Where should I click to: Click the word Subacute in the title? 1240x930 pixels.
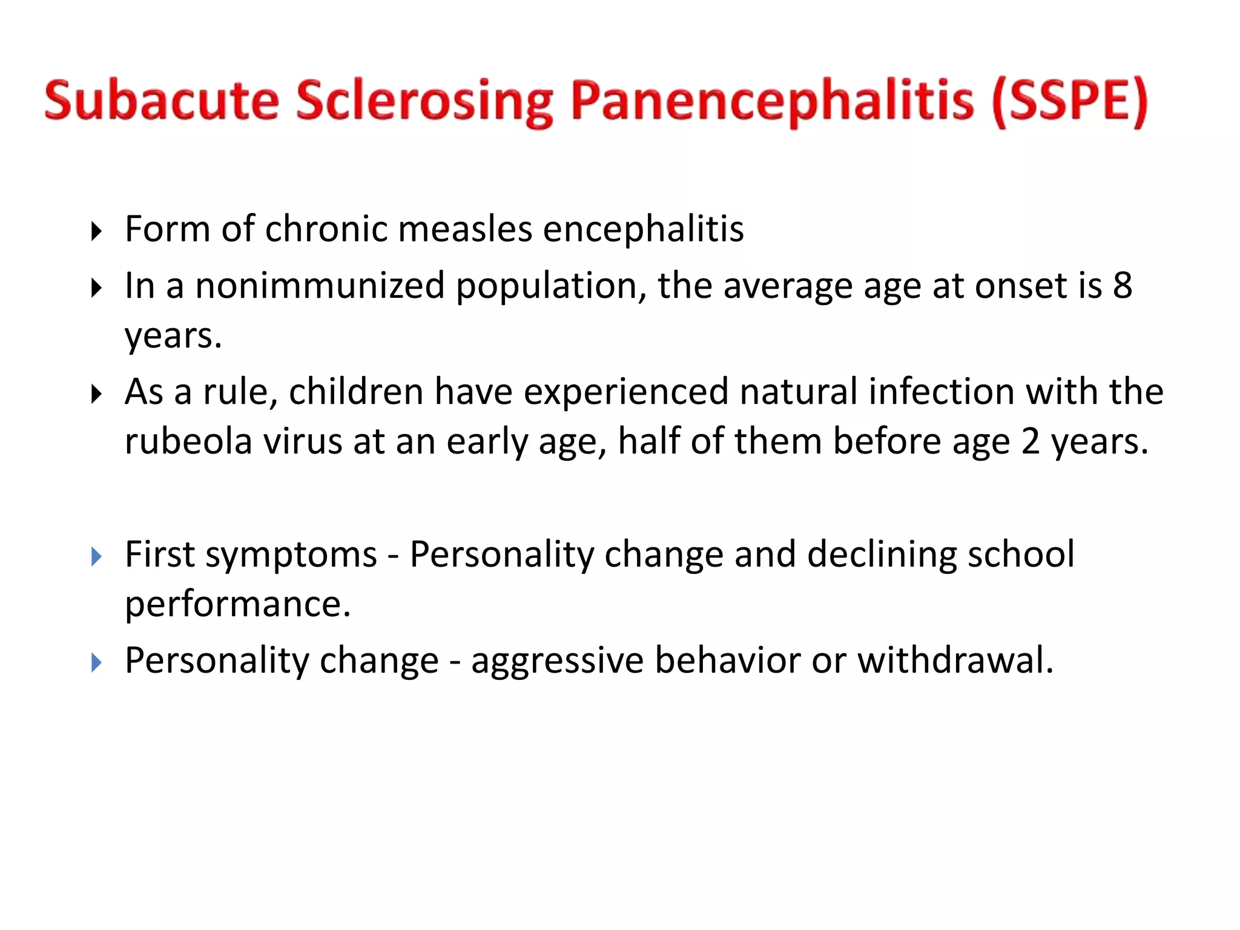click(162, 101)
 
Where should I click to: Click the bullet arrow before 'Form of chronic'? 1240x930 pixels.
click(96, 231)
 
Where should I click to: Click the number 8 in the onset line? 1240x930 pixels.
click(1122, 285)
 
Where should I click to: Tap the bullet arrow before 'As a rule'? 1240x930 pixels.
click(96, 394)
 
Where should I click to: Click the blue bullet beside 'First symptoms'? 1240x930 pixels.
click(96, 556)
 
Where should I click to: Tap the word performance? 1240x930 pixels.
click(237, 604)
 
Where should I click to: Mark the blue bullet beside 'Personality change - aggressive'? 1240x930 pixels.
click(96, 662)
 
